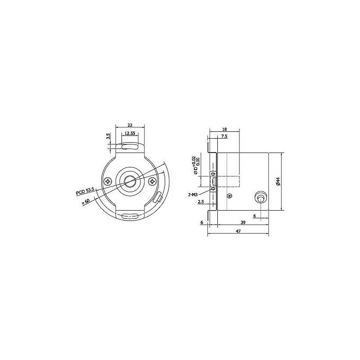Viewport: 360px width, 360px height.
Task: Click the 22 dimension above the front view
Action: coord(130,125)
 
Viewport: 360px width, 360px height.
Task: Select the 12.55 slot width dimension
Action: coord(130,133)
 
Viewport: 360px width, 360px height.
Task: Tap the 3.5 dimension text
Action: coord(108,136)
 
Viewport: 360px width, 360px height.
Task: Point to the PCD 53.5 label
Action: coord(85,191)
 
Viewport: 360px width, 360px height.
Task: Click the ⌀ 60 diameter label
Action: coord(86,202)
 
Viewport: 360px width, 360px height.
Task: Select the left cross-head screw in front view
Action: coord(108,182)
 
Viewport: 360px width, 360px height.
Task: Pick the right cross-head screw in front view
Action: coord(153,182)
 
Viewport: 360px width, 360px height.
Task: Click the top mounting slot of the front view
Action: coord(130,147)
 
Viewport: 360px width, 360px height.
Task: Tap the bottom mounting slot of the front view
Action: coord(130,216)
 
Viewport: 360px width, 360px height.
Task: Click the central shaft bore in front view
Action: coord(130,182)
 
